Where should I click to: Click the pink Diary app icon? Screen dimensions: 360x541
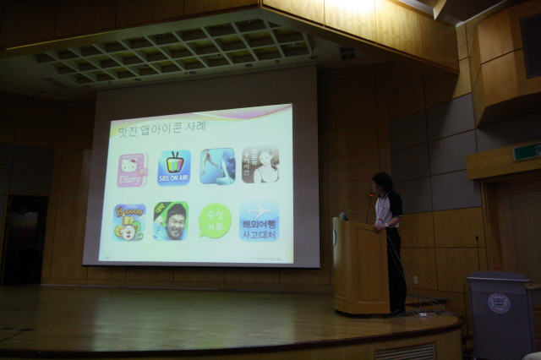[132, 169]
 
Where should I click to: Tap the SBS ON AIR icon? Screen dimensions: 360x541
[174, 167]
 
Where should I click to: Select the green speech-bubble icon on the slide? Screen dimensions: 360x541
[215, 221]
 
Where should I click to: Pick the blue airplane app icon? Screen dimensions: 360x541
[259, 221]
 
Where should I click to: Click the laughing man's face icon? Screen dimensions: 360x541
[171, 221]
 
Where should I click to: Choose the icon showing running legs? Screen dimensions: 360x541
[217, 166]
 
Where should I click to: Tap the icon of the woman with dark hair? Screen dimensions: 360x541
[260, 165]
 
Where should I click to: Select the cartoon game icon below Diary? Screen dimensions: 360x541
[129, 221]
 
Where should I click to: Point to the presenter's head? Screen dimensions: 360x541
[382, 183]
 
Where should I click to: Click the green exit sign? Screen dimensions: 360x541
[526, 152]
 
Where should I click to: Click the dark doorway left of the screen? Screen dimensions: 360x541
[23, 240]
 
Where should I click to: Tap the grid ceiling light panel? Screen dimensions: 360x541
[173, 51]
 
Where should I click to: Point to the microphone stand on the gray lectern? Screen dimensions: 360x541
[478, 254]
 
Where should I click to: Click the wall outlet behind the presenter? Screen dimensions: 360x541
[414, 280]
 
